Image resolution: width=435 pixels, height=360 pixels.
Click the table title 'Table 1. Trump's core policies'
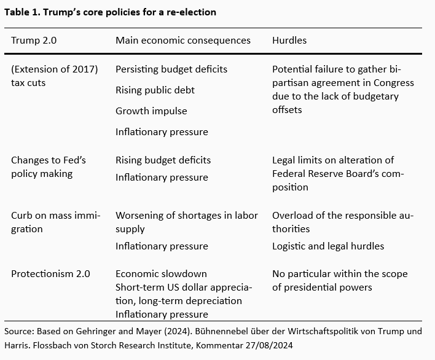point(110,12)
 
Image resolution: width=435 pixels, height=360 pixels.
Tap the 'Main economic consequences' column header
point(183,41)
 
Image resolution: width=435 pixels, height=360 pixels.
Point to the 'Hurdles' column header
point(289,41)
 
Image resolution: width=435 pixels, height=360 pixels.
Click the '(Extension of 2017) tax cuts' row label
point(54,76)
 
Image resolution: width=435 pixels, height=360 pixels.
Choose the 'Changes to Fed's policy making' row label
point(48,167)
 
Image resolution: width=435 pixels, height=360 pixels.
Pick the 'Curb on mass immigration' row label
point(55,222)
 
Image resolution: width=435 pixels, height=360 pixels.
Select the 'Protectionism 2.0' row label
point(51,274)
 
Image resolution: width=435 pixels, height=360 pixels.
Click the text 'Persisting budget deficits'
point(171,69)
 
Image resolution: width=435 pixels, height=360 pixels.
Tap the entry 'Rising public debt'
point(155,90)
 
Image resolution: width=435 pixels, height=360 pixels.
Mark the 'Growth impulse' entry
point(151,111)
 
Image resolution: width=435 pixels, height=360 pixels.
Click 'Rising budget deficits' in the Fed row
point(163,160)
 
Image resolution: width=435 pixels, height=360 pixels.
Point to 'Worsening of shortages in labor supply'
point(187,222)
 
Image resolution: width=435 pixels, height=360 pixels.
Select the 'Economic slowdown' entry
point(161,274)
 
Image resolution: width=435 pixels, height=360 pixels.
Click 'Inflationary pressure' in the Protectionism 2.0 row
point(162,315)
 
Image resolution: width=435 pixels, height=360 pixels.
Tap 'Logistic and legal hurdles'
point(328,246)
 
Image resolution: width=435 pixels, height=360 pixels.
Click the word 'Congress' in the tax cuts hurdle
point(393,83)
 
